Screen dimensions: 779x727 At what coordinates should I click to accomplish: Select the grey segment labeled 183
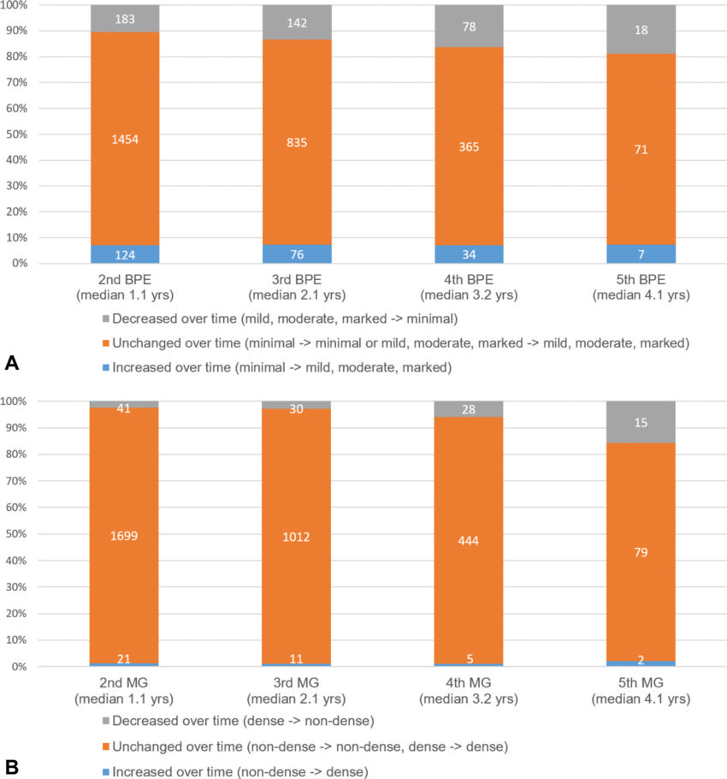click(125, 19)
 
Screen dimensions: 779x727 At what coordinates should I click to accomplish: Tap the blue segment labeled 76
click(297, 254)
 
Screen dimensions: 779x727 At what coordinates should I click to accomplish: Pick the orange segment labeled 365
click(469, 147)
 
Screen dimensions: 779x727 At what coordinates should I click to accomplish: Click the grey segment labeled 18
click(641, 30)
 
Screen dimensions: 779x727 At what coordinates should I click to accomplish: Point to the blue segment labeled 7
click(641, 254)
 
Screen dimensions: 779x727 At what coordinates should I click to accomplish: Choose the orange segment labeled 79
click(641, 552)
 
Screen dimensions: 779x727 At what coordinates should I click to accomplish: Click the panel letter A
click(12, 364)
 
